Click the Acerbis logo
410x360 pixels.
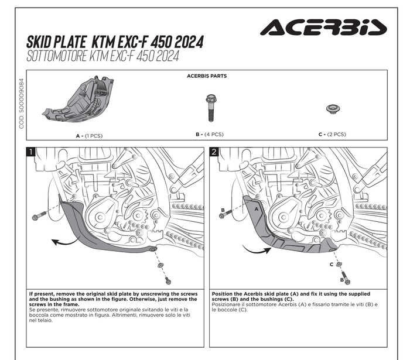323,27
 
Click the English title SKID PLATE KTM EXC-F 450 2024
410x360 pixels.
115,42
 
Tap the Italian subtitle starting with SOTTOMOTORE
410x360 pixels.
102,56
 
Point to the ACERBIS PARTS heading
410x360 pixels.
206,76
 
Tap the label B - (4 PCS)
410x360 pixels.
209,135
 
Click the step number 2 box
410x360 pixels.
214,153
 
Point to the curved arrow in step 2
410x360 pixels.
258,249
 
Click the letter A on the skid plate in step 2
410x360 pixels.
255,207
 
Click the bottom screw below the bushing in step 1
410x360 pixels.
167,279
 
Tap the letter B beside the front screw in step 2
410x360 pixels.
223,210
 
